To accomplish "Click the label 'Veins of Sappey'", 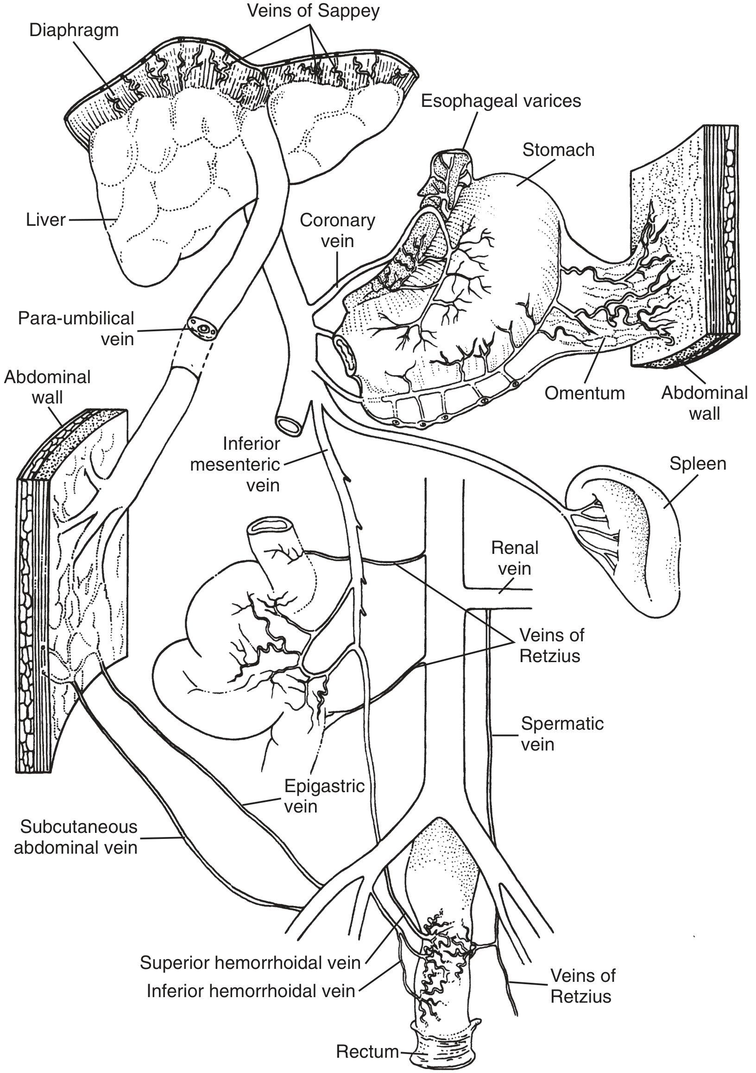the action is point(313,11).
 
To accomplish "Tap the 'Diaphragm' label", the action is point(74,31).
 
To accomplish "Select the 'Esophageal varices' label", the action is point(501,101).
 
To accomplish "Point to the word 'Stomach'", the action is point(558,150).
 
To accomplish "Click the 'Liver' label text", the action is point(46,220).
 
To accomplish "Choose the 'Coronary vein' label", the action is point(337,231).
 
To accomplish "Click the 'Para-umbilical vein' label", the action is point(76,329).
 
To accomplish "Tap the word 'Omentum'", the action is point(585,393).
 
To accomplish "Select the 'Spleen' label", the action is point(698,464).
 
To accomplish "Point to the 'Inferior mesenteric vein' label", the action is point(235,465).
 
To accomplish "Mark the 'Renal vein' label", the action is point(515,558).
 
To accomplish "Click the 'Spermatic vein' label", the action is point(562,734).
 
